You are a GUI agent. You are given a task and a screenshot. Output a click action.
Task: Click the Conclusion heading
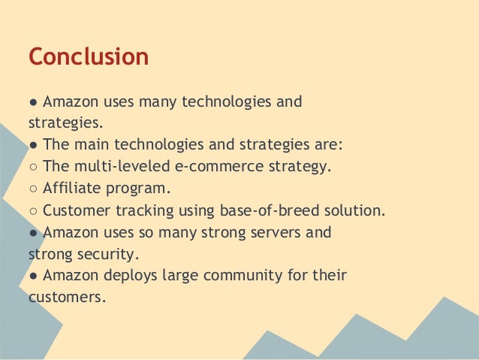88,57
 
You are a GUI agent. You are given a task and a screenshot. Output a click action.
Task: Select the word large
181,277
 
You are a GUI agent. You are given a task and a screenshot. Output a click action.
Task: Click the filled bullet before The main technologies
34,144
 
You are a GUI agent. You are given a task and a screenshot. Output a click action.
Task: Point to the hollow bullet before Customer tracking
34,210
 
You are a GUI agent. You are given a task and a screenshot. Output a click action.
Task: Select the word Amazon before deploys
72,276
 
